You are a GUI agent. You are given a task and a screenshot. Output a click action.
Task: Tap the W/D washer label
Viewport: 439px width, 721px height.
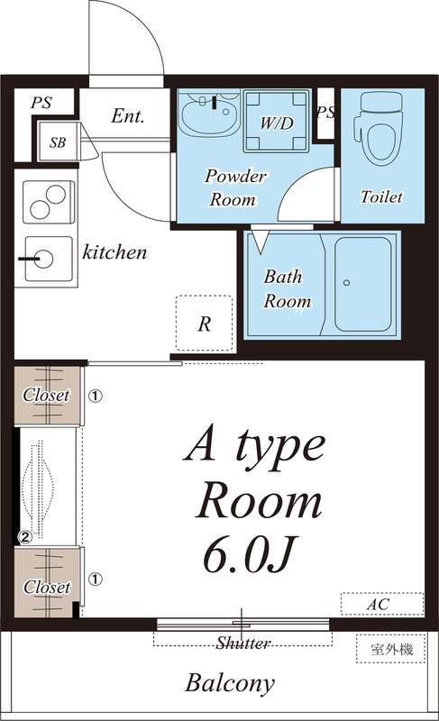(277, 123)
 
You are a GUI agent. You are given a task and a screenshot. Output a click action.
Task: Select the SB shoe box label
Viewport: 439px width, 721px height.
(58, 142)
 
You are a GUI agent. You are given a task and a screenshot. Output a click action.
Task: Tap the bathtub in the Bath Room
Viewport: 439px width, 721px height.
(364, 283)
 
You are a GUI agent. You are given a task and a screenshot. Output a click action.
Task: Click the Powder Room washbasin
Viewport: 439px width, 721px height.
(207, 115)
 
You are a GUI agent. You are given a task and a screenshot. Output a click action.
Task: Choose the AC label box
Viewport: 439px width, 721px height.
(382, 603)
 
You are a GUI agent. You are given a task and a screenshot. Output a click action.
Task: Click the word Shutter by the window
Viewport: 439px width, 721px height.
(243, 643)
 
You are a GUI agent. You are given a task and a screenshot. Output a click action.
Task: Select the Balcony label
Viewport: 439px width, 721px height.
(230, 683)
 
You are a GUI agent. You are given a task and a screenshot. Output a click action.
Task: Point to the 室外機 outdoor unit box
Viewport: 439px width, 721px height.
(390, 648)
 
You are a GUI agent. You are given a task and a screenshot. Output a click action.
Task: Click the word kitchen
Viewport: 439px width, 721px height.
(114, 252)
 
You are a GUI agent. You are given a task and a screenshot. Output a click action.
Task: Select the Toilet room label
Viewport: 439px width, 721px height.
(381, 196)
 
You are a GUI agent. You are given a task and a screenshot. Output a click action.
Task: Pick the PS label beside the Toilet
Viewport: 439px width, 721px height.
(326, 113)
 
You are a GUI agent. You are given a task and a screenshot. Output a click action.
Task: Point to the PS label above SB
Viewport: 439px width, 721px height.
(41, 103)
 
